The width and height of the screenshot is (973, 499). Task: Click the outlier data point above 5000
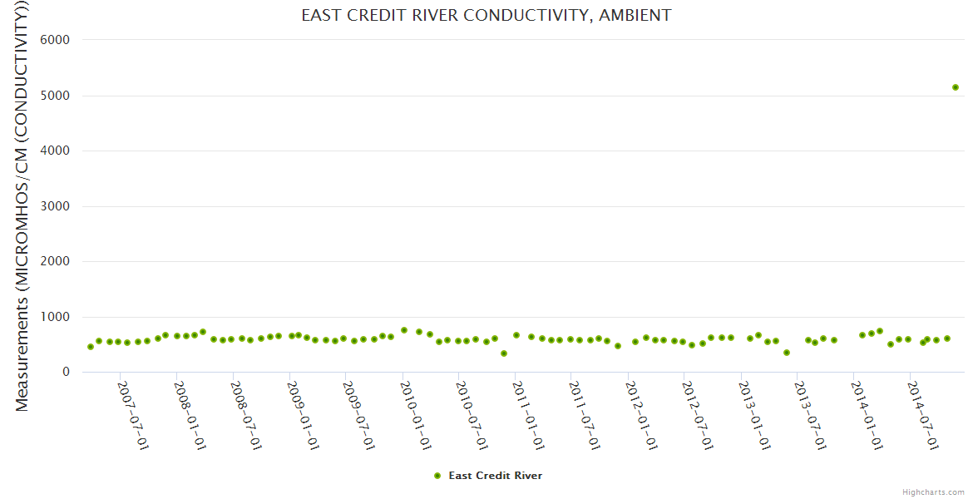tap(956, 87)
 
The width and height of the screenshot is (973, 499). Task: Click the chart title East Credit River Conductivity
tap(486, 15)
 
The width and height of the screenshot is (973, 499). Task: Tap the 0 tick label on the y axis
tap(65, 372)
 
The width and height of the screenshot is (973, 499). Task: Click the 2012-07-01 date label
tap(697, 415)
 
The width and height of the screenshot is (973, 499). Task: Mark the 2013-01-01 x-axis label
tap(753, 415)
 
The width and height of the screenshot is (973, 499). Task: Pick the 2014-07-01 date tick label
tap(922, 415)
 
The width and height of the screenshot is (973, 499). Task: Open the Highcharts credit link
tap(933, 492)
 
